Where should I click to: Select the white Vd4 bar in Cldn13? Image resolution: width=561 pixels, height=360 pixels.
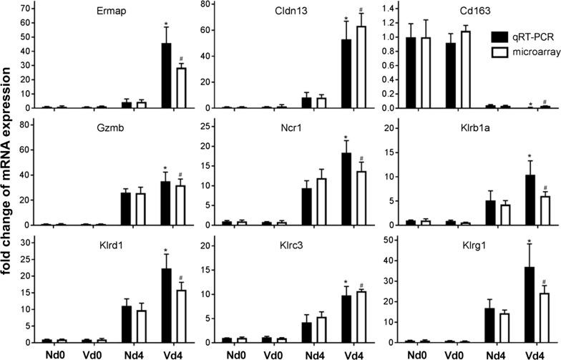tap(351, 67)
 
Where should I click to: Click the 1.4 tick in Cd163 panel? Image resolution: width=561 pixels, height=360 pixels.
tap(386, 9)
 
